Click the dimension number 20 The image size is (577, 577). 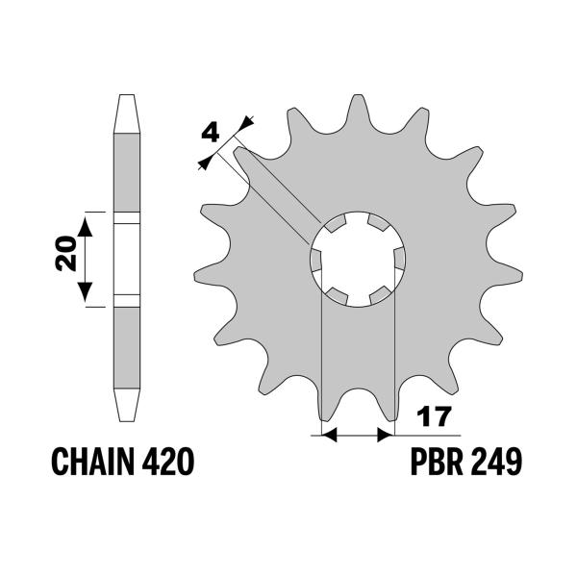[x=66, y=257]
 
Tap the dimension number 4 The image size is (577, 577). [x=211, y=133]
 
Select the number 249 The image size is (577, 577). [x=497, y=464]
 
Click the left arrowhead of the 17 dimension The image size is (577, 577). [x=327, y=436]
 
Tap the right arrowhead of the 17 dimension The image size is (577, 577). [x=388, y=436]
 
